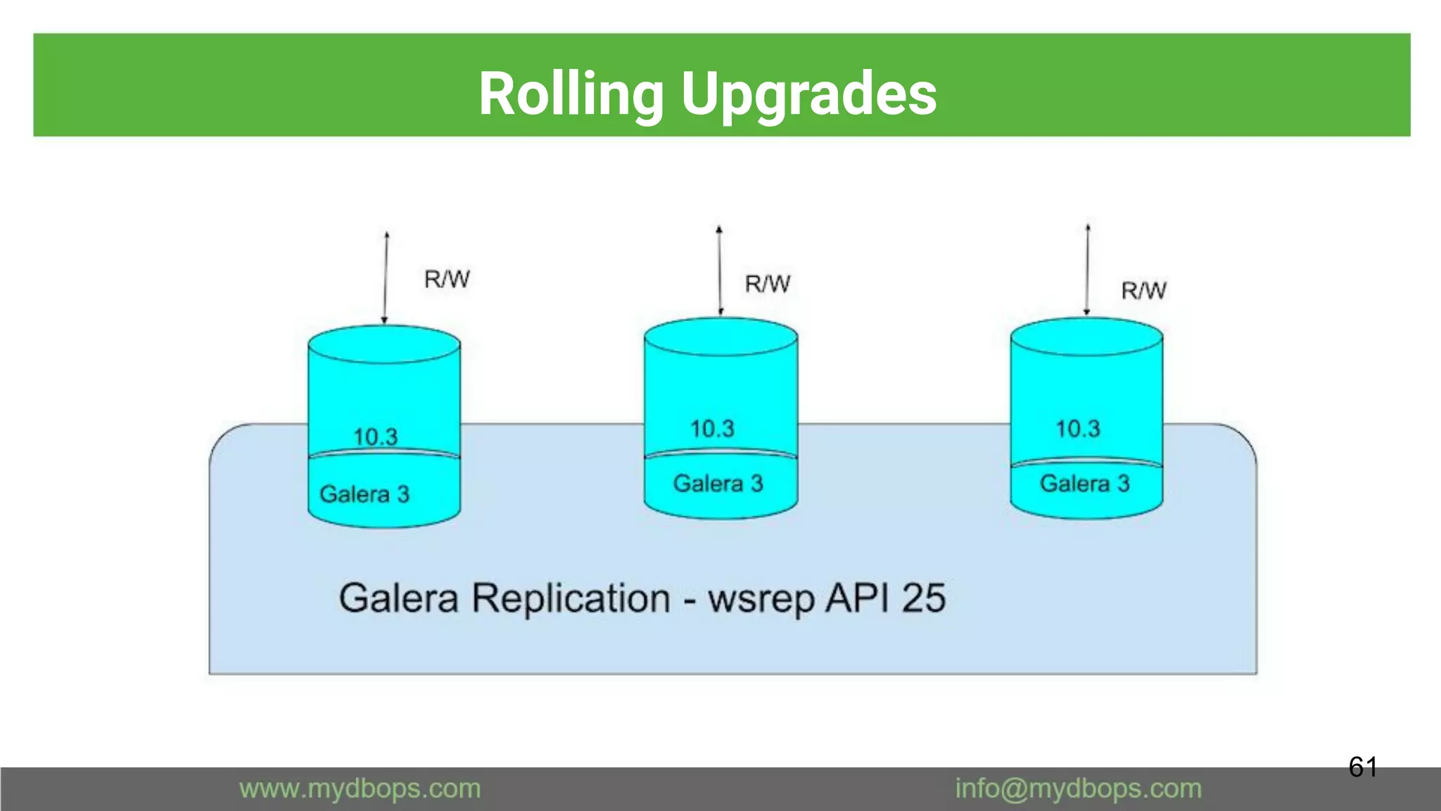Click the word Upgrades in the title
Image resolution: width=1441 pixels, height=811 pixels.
pyautogui.click(x=808, y=95)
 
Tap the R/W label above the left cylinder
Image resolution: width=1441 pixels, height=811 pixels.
pyautogui.click(x=447, y=279)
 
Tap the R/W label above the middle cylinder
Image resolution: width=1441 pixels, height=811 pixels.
pyautogui.click(x=768, y=284)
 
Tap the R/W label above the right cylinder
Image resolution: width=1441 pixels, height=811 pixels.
pyautogui.click(x=1143, y=291)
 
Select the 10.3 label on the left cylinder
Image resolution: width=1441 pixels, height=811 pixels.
pyautogui.click(x=375, y=436)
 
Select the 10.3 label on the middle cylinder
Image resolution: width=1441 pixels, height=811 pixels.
pyautogui.click(x=712, y=429)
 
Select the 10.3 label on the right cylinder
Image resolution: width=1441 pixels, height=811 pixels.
pyautogui.click(x=1077, y=429)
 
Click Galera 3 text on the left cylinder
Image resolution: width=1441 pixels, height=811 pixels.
pyautogui.click(x=364, y=494)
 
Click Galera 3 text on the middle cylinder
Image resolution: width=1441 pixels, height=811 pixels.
pyautogui.click(x=718, y=484)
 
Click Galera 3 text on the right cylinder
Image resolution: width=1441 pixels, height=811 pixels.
pyautogui.click(x=1084, y=484)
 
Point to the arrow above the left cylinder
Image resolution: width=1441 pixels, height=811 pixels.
pyautogui.click(x=386, y=278)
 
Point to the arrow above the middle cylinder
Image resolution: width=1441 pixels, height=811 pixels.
pyautogui.click(x=720, y=271)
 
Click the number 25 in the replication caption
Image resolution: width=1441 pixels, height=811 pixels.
pyautogui.click(x=923, y=598)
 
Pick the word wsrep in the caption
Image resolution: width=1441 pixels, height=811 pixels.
pyautogui.click(x=761, y=600)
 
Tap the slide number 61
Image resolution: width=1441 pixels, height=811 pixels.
pyautogui.click(x=1362, y=767)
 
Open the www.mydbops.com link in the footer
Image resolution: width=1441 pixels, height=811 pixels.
pyautogui.click(x=360, y=788)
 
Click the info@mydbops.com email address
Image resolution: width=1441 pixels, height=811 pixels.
pyautogui.click(x=1078, y=788)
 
